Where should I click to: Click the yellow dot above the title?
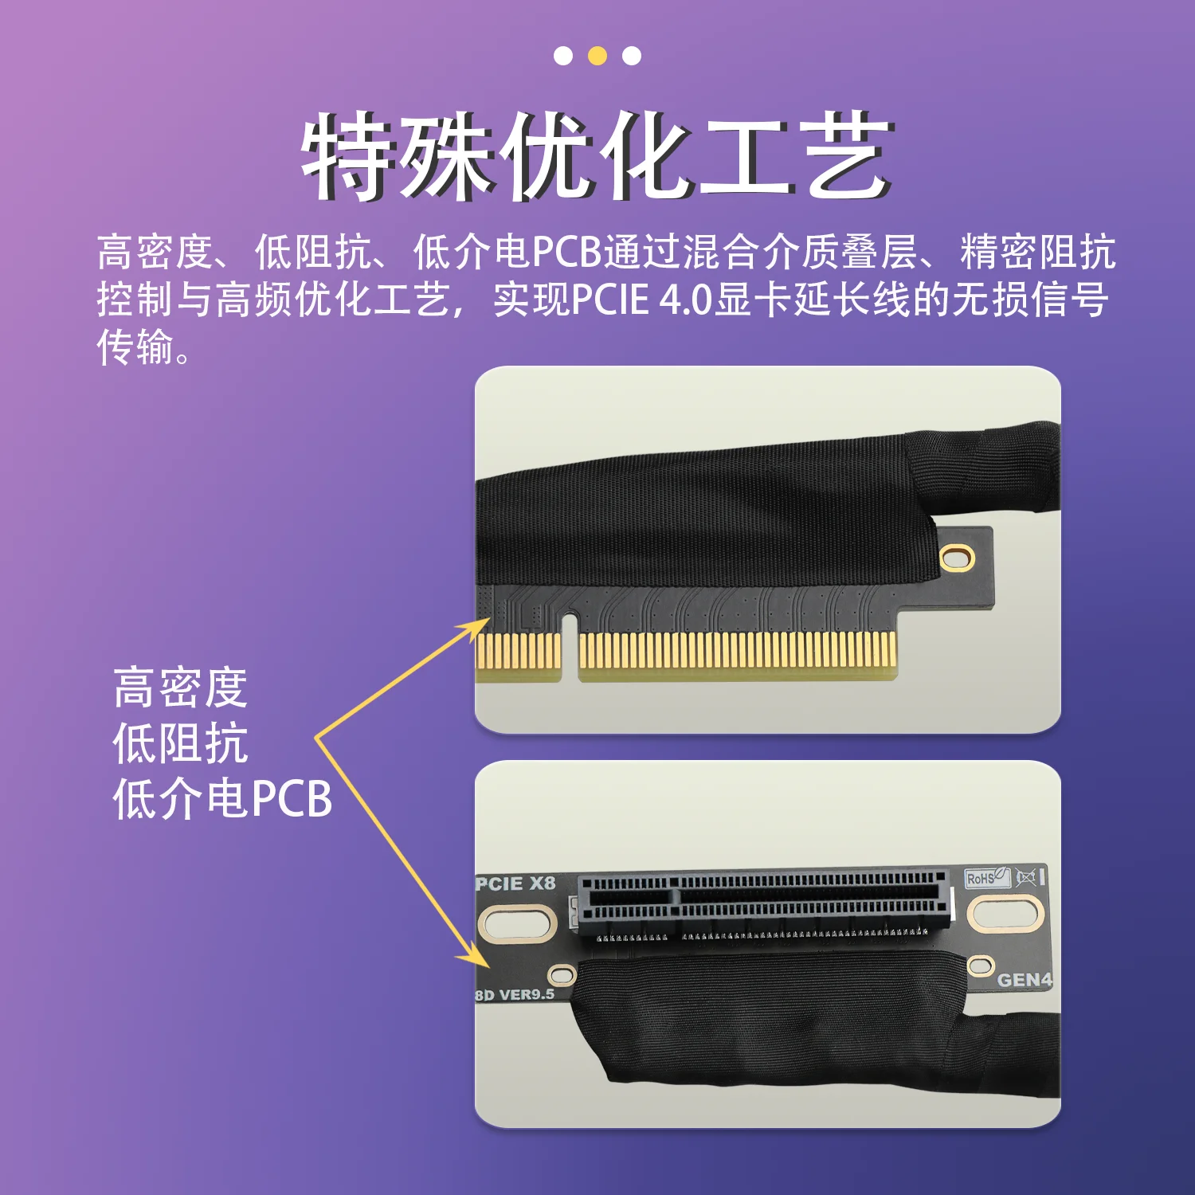point(597,56)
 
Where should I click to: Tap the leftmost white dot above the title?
point(563,56)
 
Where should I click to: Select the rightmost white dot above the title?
point(632,56)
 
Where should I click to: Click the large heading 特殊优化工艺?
point(597,155)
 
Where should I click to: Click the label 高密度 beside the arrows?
point(180,688)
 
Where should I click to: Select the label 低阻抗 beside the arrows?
point(180,743)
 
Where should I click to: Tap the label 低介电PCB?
point(222,799)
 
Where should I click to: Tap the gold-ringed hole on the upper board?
point(957,558)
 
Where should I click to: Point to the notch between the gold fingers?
point(569,645)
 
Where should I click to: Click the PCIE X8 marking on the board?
point(515,884)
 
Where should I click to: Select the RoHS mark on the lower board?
point(986,878)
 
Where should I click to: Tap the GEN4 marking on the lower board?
point(1025,980)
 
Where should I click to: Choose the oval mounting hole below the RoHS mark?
point(1005,913)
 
